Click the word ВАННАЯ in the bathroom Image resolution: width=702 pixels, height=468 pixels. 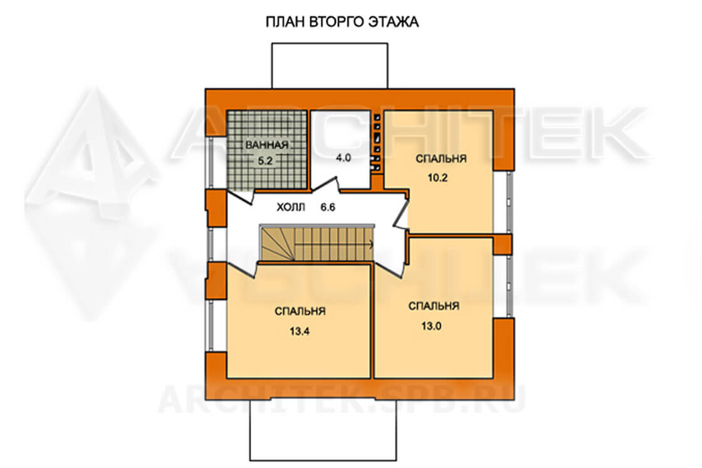[x=267, y=145]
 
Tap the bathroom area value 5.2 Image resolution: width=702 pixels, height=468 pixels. [x=266, y=160]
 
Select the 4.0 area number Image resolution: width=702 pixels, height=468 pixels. [x=343, y=157]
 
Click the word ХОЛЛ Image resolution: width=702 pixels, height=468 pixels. [x=291, y=207]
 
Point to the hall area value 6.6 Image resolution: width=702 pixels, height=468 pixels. [x=328, y=207]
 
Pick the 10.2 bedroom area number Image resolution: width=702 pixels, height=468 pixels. [x=437, y=178]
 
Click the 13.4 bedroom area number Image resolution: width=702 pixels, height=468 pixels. [x=300, y=331]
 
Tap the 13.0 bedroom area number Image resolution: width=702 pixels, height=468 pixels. [x=431, y=326]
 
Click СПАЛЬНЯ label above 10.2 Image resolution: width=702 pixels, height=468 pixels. [x=441, y=159]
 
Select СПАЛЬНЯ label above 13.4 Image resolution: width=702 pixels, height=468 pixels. [x=300, y=311]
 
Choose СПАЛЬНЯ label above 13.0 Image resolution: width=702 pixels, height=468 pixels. [x=434, y=306]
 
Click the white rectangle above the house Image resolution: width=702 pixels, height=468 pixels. [x=330, y=65]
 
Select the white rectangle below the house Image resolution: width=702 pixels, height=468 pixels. [x=323, y=430]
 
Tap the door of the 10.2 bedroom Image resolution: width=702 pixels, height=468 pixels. [x=401, y=213]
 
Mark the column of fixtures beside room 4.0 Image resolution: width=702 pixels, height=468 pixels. [x=377, y=143]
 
